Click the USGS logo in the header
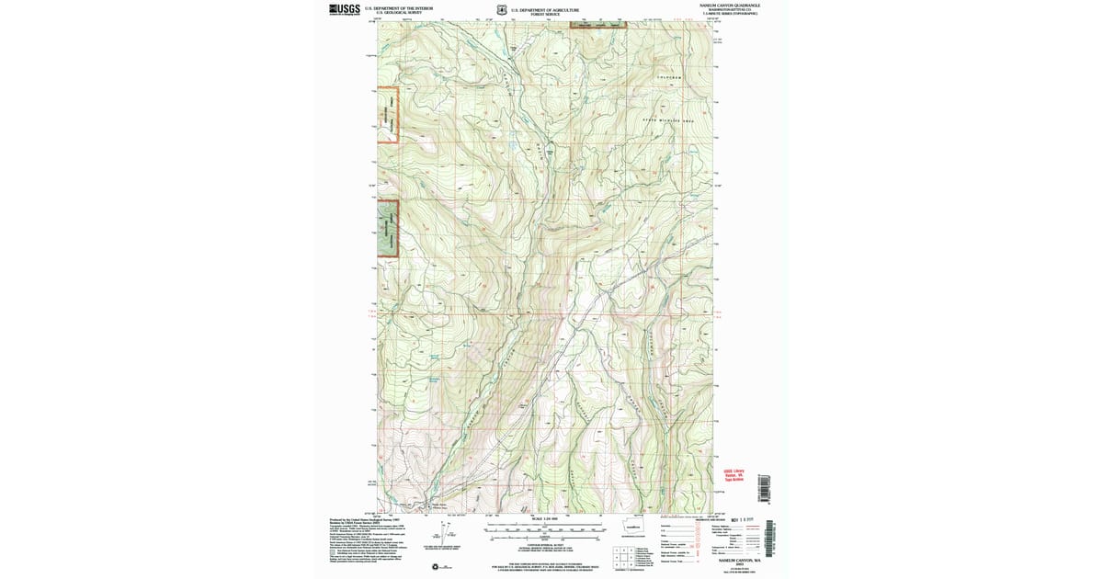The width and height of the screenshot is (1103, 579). tap(344, 9)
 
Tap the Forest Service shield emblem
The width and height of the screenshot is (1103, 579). tap(501, 10)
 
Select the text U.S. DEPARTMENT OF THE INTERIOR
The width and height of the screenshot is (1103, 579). tap(398, 7)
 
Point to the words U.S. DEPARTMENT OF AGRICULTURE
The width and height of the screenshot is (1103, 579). tap(551, 7)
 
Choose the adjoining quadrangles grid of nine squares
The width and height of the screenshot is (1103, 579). tap(623, 554)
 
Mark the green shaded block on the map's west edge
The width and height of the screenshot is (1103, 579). tap(388, 224)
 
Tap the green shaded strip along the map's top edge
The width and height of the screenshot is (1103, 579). tap(597, 26)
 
